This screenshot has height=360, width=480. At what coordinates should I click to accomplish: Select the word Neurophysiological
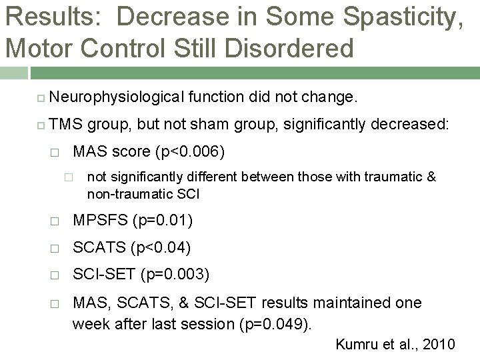(117, 99)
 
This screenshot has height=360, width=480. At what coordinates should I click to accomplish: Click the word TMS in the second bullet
(65, 124)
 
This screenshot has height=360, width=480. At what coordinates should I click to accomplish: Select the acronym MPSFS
(99, 221)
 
